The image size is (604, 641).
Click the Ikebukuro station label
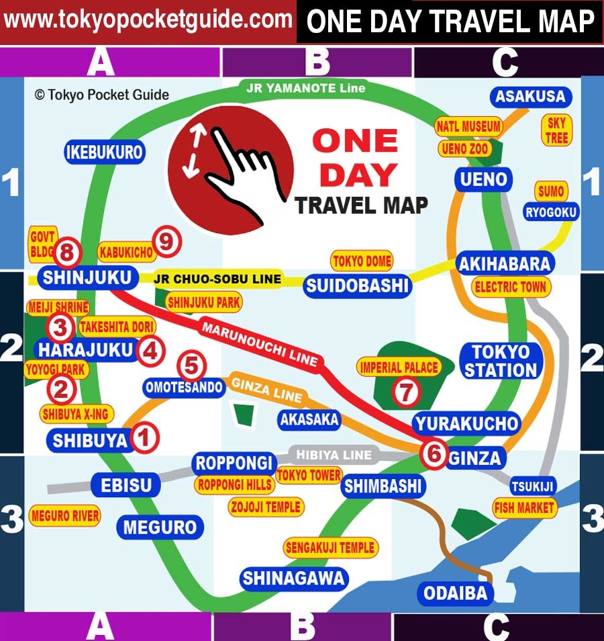105,153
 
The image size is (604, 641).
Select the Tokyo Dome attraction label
362,261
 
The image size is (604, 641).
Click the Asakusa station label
530,97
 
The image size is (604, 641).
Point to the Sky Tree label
557,130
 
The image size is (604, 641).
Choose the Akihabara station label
504,263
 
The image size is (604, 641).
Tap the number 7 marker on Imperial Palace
405,392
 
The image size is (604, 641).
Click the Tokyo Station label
501,361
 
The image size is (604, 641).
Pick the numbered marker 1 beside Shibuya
144,438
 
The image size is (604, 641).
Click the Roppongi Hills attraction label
234,484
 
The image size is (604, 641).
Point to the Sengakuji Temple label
330,548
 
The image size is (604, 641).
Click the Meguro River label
65,516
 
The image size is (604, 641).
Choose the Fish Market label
524,507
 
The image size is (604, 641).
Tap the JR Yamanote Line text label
305,88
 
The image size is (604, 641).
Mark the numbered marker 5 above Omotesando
191,366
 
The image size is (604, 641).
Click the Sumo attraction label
551,191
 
